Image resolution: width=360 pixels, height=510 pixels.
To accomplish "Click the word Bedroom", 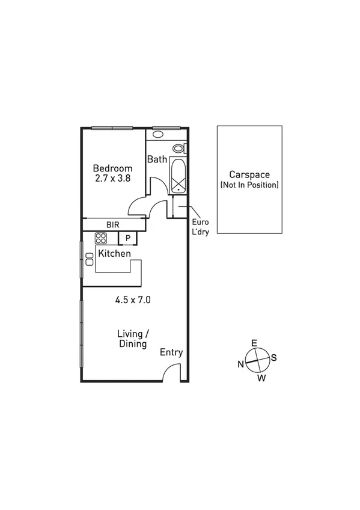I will coord(112,168).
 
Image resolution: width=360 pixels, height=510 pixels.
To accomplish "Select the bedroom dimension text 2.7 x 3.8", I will coord(112,179).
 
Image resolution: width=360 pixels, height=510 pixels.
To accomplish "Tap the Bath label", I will coord(157,159).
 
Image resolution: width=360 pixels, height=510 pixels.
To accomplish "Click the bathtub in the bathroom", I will coord(178,175).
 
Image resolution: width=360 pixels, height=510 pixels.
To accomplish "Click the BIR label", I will coord(113,224).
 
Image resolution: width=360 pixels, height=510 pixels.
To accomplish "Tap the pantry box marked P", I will coord(128,238).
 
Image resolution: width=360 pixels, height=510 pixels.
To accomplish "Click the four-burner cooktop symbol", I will coord(100,238).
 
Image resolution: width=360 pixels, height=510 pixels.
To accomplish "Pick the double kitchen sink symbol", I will coord(90,259).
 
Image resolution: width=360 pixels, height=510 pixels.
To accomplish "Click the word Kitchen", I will coord(114,254).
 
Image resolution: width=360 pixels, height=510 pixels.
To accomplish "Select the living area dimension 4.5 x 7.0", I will coord(133,299).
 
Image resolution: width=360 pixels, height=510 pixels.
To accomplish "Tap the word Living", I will coord(130,334).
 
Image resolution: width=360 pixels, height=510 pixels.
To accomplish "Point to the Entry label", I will coord(171,353).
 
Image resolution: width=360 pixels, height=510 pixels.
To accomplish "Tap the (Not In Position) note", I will coord(249,185).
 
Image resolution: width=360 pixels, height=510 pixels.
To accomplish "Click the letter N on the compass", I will coord(240,363).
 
